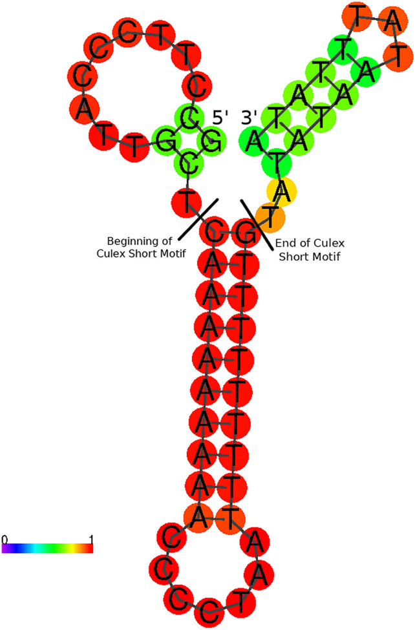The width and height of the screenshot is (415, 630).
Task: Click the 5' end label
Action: click(x=222, y=118)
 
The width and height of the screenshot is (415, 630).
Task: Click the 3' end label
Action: click(x=250, y=118)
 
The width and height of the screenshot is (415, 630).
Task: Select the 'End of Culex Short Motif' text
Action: click(x=309, y=249)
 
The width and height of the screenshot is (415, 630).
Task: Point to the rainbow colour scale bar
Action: click(x=47, y=549)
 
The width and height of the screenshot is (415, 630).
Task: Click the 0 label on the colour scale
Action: click(x=5, y=539)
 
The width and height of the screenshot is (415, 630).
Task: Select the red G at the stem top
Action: click(x=243, y=233)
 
